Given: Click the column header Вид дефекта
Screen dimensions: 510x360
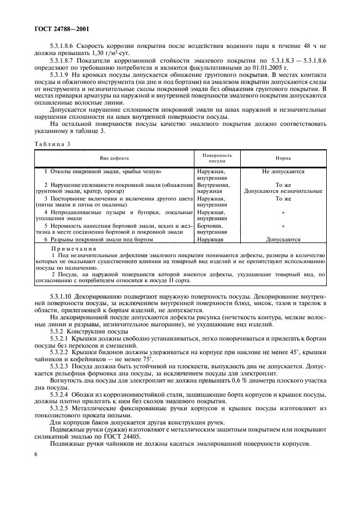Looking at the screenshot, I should point(114,157).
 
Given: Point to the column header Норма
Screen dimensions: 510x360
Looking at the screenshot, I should point(283,157).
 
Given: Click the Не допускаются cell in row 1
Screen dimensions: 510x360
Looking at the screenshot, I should point(283,171).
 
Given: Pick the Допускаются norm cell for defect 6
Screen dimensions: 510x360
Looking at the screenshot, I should point(283,239).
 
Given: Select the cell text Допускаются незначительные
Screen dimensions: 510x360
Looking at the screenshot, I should point(283,191).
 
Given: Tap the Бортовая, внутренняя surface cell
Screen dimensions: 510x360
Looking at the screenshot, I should point(212,228).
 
